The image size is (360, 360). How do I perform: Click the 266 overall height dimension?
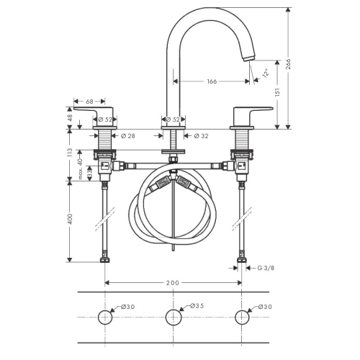(289, 64)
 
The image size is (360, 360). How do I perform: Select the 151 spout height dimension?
(277, 92)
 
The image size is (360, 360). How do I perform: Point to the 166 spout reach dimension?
(212, 81)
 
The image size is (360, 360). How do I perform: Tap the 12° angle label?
(266, 73)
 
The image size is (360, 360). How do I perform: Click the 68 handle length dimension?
(89, 102)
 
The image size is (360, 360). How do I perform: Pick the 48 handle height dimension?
(69, 118)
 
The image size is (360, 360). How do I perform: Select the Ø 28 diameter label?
(128, 136)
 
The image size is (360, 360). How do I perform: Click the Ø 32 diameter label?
(201, 136)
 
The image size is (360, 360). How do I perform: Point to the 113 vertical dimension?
(69, 153)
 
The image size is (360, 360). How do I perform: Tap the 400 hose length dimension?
(70, 219)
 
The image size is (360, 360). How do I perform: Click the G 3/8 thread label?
(266, 268)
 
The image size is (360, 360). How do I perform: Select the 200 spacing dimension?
(173, 283)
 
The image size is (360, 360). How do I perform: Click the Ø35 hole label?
(197, 306)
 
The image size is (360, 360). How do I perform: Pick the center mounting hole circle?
(174, 310)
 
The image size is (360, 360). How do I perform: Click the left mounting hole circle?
(105, 310)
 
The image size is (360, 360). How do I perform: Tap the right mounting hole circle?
(242, 310)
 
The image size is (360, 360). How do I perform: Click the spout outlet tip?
(249, 58)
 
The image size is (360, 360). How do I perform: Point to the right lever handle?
(251, 117)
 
